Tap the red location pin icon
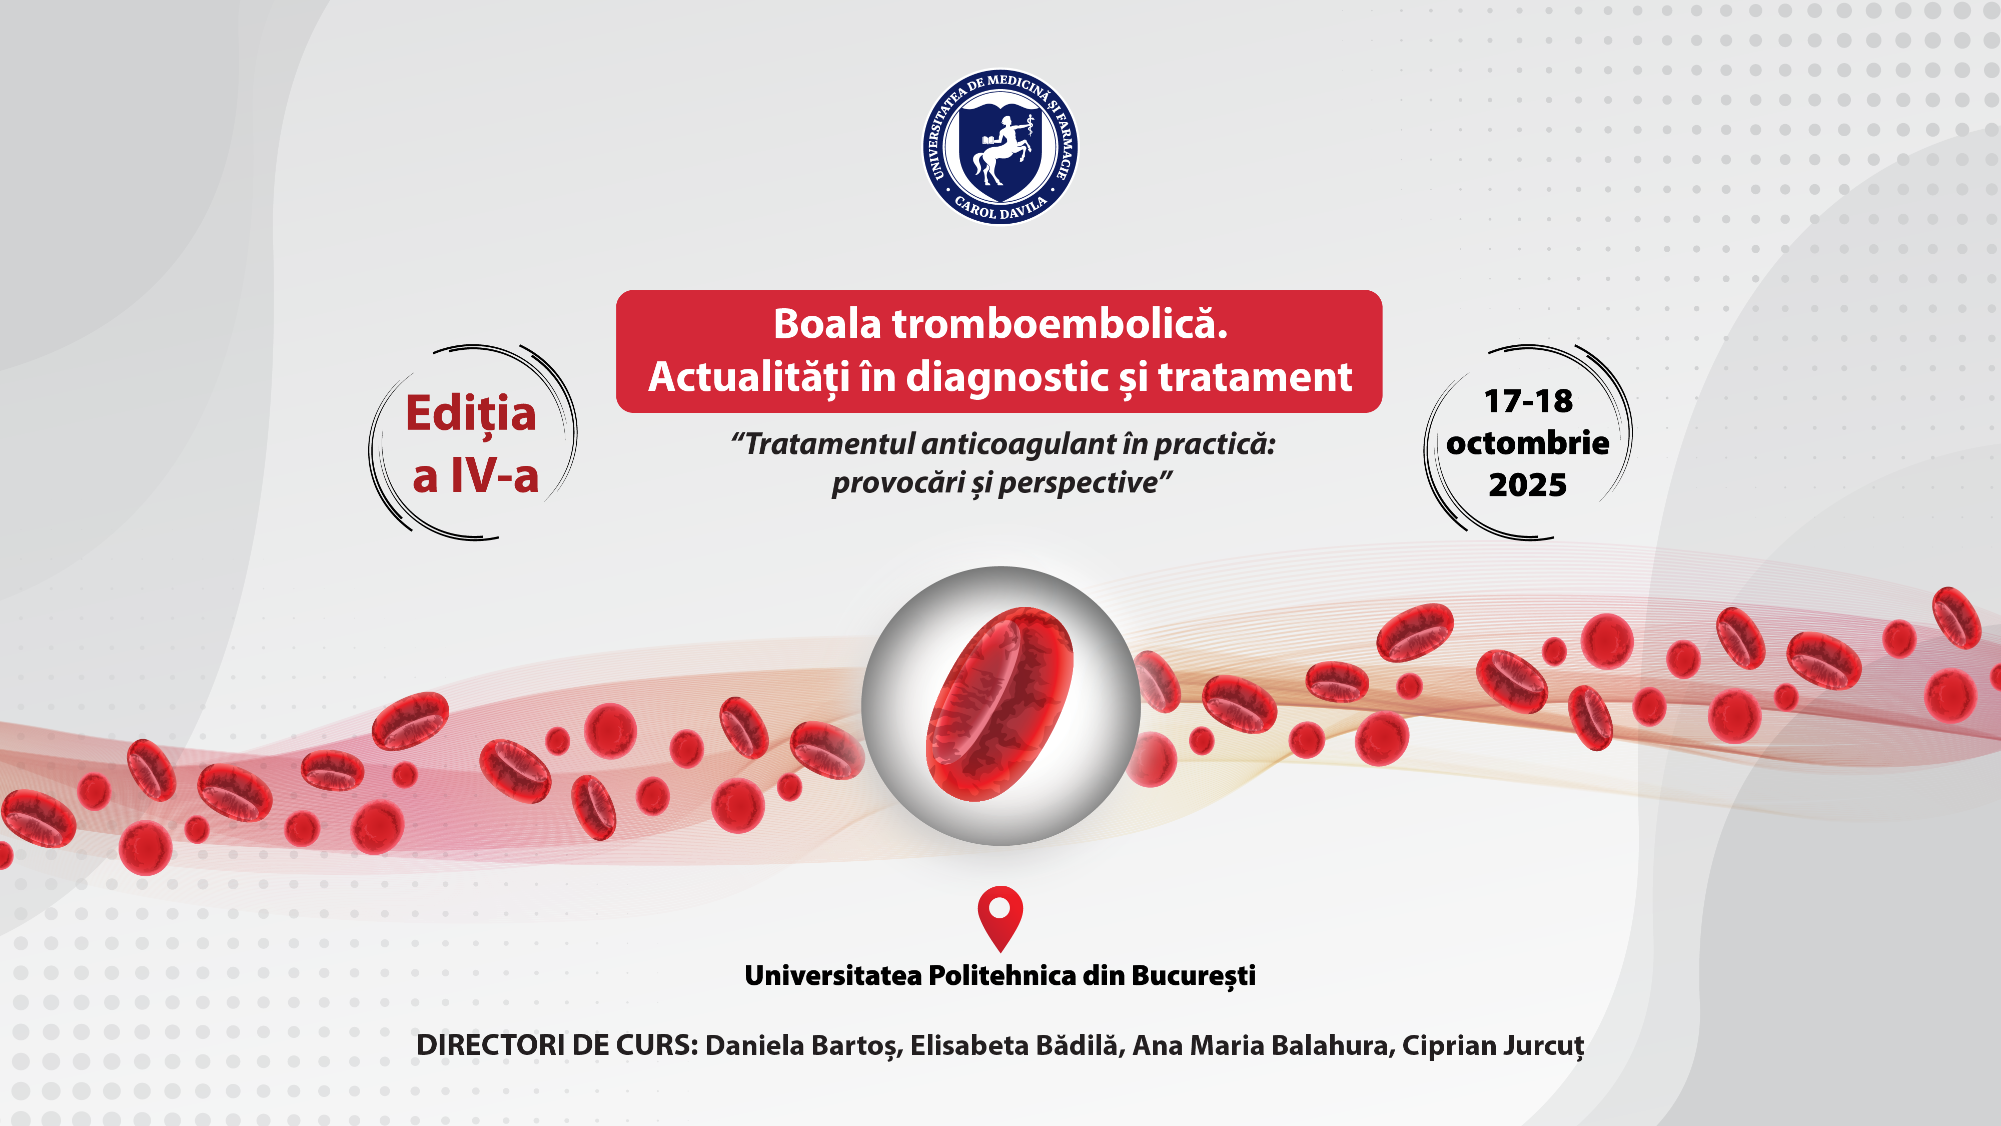(x=999, y=918)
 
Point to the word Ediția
(x=471, y=414)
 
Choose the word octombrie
(x=1528, y=442)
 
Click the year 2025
(x=1528, y=485)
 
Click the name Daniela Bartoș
(x=802, y=1046)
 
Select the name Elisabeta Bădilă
(x=1016, y=1045)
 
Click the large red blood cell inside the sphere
(x=999, y=704)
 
